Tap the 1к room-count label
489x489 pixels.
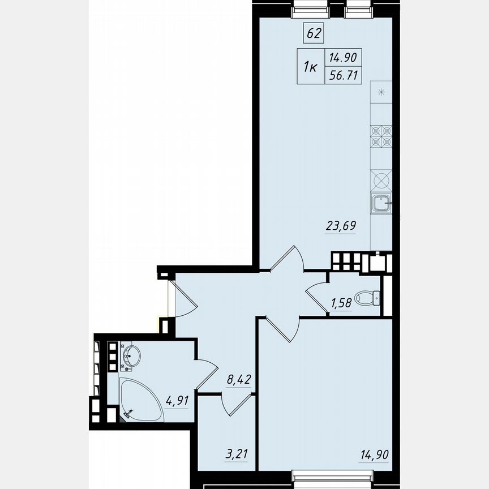pos(310,67)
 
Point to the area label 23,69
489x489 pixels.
pos(341,226)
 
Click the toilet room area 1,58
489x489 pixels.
pos(341,302)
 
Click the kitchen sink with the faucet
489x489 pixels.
pos(381,203)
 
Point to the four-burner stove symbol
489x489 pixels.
pos(381,136)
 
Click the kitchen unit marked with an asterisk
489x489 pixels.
pos(381,92)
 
